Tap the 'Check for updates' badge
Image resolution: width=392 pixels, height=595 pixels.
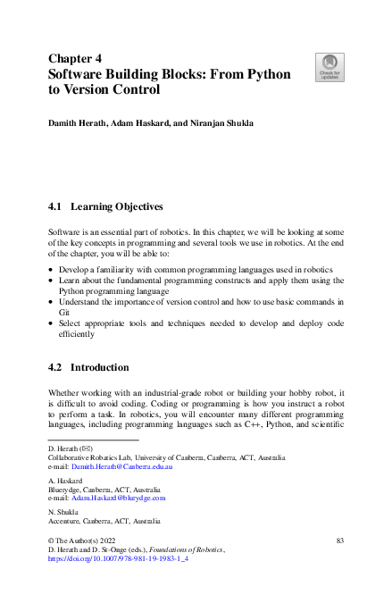pos(328,66)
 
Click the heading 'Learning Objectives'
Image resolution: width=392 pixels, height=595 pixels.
pos(117,206)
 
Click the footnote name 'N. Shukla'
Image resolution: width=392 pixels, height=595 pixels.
pos(63,510)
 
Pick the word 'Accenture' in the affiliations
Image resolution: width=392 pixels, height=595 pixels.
pos(64,520)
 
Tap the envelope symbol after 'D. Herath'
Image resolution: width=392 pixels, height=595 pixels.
pos(85,447)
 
